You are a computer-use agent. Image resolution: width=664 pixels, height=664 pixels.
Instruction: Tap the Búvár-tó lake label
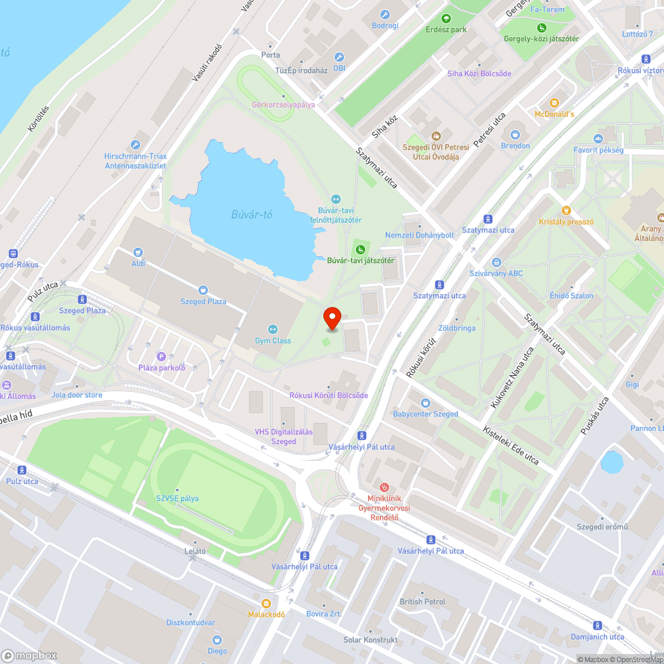pos(252,214)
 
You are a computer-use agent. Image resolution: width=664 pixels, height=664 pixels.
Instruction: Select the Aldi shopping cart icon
pos(138,252)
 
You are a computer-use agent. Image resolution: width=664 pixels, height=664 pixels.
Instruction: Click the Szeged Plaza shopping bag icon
pos(203,290)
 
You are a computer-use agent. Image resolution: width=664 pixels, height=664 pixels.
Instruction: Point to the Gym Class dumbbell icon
pos(272,329)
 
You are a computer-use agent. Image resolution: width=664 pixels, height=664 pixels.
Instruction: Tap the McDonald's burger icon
pos(554,103)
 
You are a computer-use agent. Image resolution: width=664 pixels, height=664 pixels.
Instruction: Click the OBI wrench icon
pos(339,57)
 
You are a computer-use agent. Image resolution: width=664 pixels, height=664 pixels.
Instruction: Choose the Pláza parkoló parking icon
pos(161,356)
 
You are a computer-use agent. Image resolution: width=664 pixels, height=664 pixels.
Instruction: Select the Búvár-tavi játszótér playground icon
pos(360,249)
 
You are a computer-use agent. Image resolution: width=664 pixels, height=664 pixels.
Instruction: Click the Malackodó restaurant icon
pos(266,603)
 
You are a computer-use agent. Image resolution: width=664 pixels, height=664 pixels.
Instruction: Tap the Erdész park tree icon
pos(446,18)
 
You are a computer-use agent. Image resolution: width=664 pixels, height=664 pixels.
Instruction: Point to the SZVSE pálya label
pos(177,498)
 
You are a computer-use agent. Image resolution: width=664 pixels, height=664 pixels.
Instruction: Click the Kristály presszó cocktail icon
pos(566,210)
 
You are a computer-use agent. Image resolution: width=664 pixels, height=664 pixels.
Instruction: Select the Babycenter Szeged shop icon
pos(426,402)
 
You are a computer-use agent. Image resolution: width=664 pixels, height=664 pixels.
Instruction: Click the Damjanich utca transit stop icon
pos(597,625)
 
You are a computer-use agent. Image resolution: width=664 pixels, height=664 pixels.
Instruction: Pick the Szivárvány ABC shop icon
pos(497,262)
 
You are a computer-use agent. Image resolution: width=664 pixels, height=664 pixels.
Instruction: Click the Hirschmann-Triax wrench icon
pos(135,145)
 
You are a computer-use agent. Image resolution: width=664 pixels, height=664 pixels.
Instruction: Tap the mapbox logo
pos(29,655)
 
